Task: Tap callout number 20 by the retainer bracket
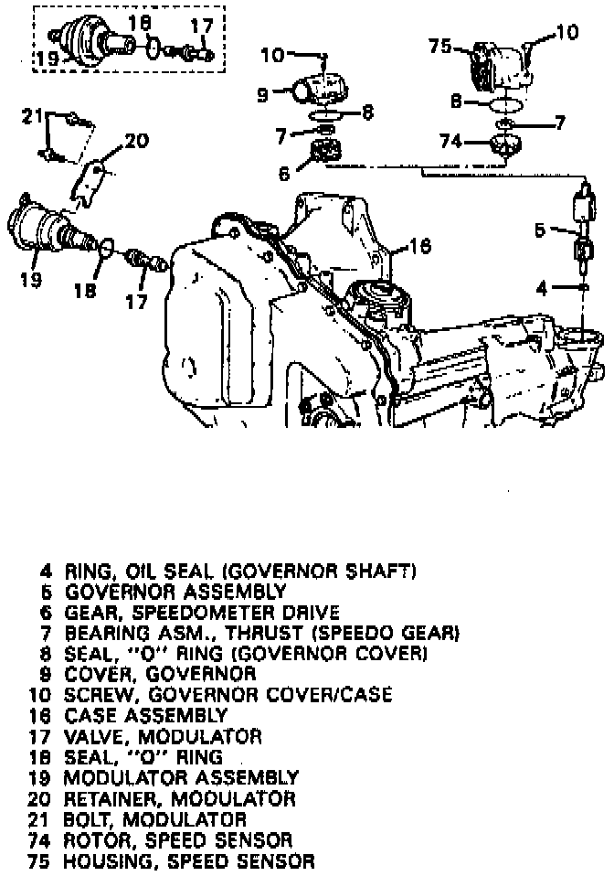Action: pos(135,141)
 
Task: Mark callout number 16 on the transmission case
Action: pos(419,245)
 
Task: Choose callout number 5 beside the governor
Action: pos(540,230)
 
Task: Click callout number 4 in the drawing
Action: pos(542,289)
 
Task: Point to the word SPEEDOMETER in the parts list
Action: pos(203,613)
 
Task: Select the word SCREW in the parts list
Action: pos(97,695)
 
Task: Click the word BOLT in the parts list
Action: pos(88,819)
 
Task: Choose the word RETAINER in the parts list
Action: pos(110,799)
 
